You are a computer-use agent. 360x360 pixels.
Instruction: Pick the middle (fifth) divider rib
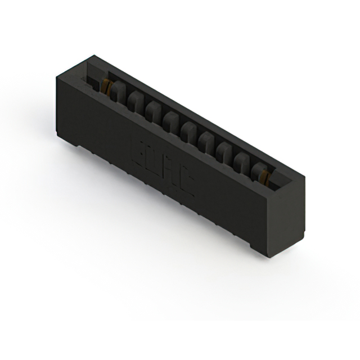(x=188, y=130)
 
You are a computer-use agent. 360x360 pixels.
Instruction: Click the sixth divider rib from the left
(x=206, y=139)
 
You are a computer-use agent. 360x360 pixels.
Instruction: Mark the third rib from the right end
(x=224, y=150)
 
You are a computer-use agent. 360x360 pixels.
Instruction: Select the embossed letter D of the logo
(x=153, y=158)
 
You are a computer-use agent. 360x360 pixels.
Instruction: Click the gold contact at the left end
(x=105, y=85)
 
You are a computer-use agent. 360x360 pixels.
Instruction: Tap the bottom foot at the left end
(x=79, y=146)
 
